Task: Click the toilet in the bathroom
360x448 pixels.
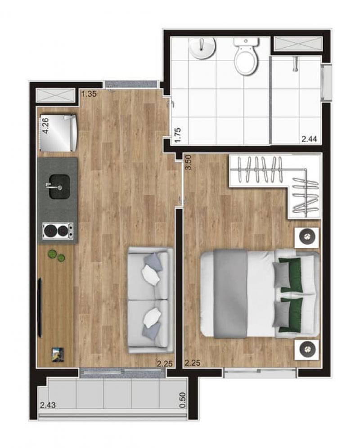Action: (x=246, y=56)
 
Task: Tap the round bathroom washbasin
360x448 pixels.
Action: (x=202, y=48)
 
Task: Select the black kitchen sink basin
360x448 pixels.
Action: (x=59, y=187)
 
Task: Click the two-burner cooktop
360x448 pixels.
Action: (x=58, y=231)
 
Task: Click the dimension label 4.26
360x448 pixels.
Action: (x=45, y=125)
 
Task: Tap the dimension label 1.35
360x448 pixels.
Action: (x=89, y=94)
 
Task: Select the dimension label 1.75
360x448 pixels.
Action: (x=178, y=135)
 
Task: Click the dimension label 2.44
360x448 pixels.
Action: (x=309, y=139)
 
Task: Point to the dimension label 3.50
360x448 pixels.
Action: (x=188, y=162)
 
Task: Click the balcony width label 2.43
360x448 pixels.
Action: (x=48, y=405)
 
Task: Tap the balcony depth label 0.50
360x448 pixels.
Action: (x=182, y=400)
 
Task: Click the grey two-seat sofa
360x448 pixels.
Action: (x=150, y=300)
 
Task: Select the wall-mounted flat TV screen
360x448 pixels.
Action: (x=40, y=307)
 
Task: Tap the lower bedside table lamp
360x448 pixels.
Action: (x=307, y=349)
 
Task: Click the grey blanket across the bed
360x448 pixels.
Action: (x=230, y=294)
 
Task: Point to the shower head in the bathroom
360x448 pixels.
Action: (x=295, y=64)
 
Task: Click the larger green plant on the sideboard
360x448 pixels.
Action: (x=52, y=254)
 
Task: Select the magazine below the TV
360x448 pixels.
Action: (x=58, y=354)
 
